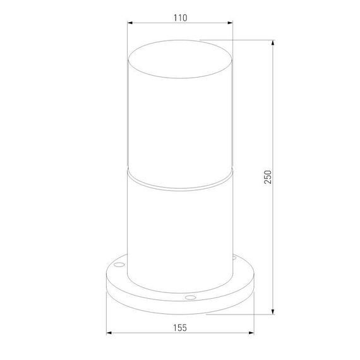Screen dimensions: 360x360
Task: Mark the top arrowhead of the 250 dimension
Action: pos(272,44)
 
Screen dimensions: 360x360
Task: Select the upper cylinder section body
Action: pos(180,126)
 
